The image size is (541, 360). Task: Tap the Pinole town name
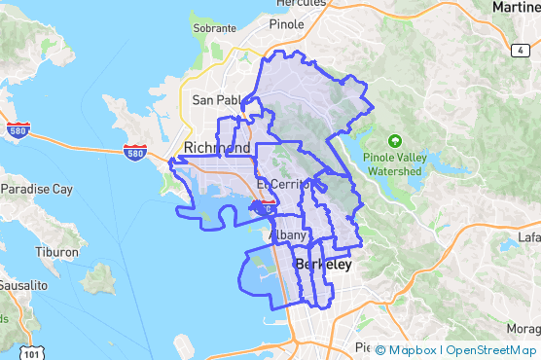[286, 23]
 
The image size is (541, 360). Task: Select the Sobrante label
[214, 56]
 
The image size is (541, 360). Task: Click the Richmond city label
[216, 148]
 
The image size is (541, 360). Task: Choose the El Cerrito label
[282, 184]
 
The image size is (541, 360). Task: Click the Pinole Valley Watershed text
[394, 163]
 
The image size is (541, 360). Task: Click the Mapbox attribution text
[411, 350]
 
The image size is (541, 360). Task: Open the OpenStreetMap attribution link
[490, 350]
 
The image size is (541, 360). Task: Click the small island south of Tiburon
[98, 281]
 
